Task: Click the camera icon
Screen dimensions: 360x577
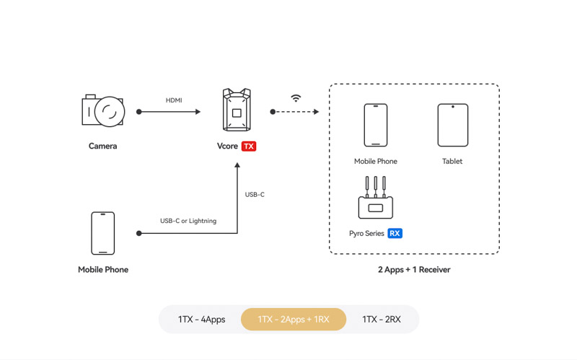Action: [x=103, y=111]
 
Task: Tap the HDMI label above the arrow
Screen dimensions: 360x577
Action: [x=174, y=100]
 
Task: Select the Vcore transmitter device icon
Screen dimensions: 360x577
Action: [x=236, y=111]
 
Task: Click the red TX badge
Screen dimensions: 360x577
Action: [x=249, y=146]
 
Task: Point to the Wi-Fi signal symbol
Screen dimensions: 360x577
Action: [x=296, y=98]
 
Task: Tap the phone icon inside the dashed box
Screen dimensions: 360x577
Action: [x=375, y=125]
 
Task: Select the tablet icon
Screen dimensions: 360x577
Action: [x=452, y=125]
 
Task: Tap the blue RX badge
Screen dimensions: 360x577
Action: [x=395, y=234]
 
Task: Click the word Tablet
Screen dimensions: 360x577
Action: [x=452, y=162]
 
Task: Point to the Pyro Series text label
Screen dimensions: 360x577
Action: [x=366, y=234]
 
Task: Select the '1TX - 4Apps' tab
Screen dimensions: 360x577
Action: [x=201, y=319]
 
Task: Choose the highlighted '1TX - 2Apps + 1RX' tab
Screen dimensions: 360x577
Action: [x=294, y=319]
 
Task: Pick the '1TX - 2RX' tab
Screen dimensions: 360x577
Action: [x=382, y=319]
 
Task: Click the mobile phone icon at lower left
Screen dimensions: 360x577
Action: [x=103, y=233]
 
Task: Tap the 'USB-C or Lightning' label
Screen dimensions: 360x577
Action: [x=188, y=221]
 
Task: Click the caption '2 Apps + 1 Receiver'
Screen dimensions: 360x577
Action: [x=414, y=270]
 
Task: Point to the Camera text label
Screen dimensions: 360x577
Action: [x=102, y=146]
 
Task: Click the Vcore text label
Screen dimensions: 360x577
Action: [x=227, y=146]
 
